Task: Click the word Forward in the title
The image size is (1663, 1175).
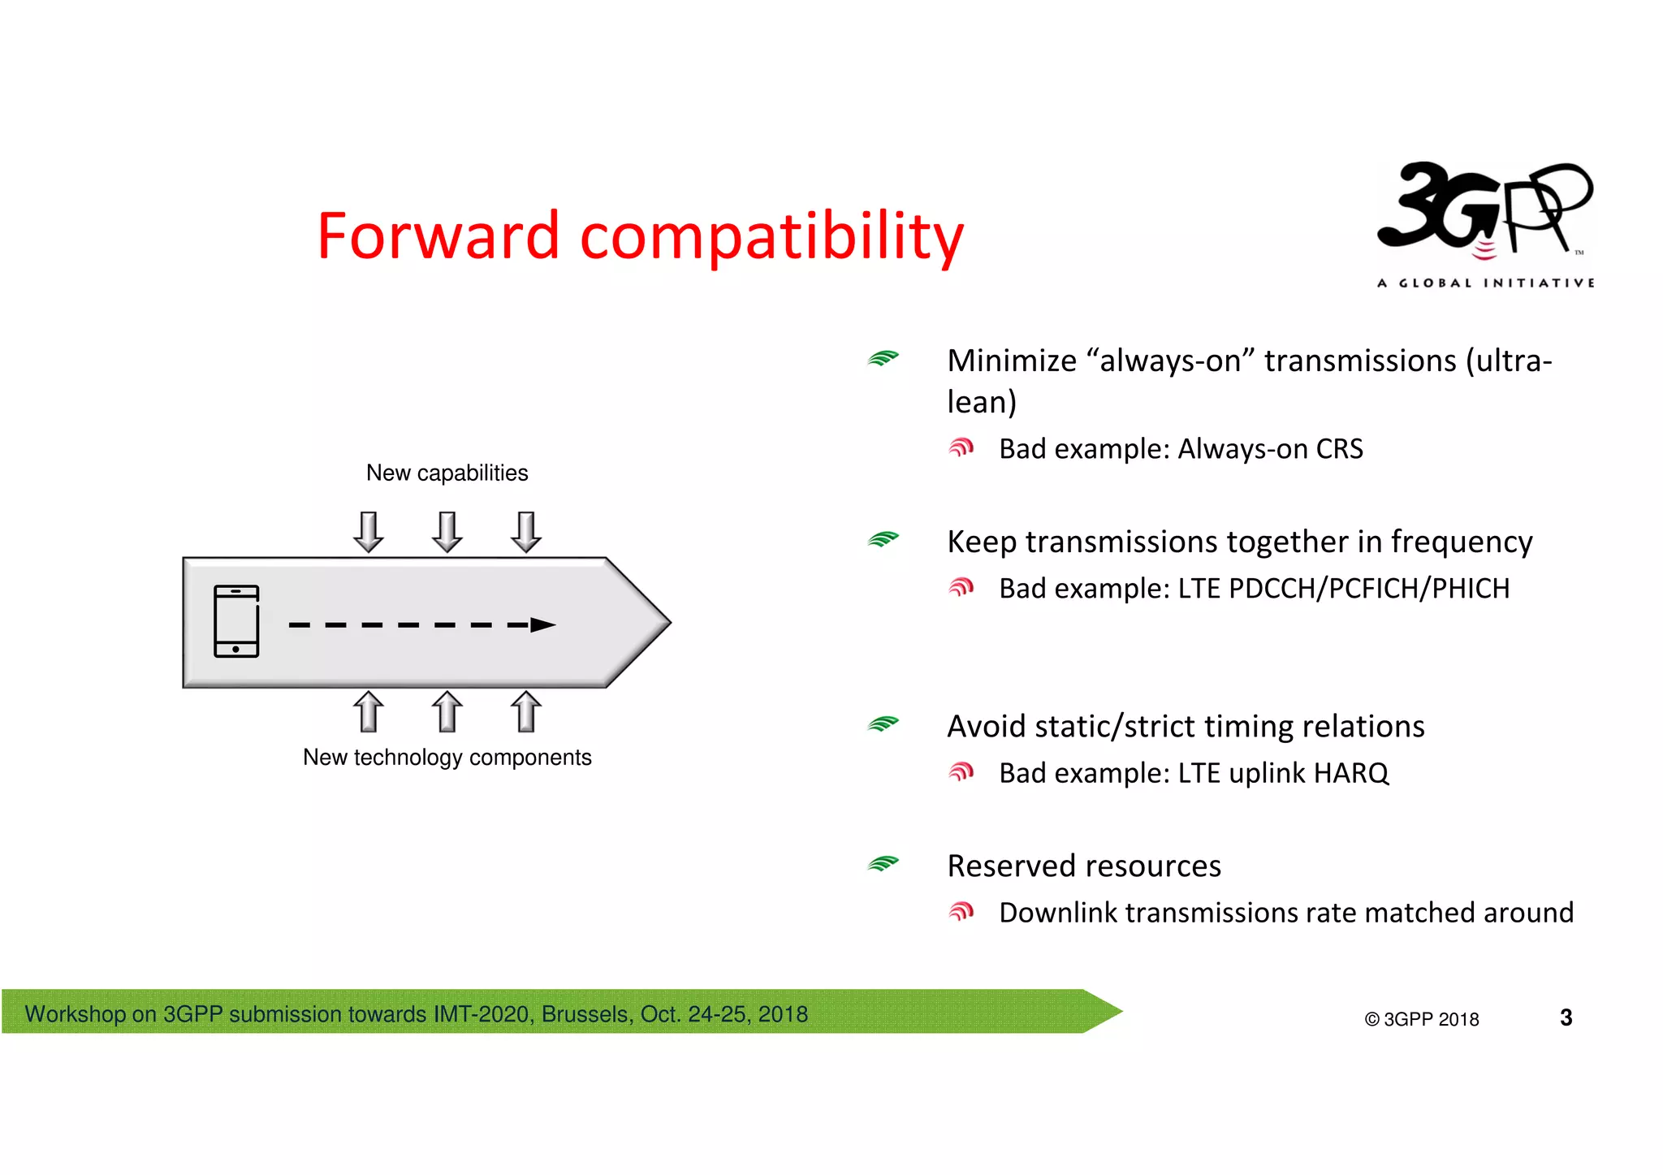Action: (438, 236)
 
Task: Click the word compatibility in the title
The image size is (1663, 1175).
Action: (771, 236)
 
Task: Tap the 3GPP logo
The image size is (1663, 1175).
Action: (1484, 210)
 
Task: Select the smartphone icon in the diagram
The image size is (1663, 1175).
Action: (236, 621)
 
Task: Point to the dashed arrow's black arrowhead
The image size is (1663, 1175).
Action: (542, 624)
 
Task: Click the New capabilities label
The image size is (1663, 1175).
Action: (447, 473)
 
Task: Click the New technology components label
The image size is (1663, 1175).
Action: (447, 757)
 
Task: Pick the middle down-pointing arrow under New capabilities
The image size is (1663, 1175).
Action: (447, 532)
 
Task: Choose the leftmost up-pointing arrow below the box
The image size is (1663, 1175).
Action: (369, 711)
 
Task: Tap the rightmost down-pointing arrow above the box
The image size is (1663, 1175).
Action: (526, 532)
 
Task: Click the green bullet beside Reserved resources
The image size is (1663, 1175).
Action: (883, 863)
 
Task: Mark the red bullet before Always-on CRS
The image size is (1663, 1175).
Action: (961, 447)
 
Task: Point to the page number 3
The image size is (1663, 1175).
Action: (1566, 1017)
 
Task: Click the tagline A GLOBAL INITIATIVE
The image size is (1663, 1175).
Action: (1485, 283)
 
